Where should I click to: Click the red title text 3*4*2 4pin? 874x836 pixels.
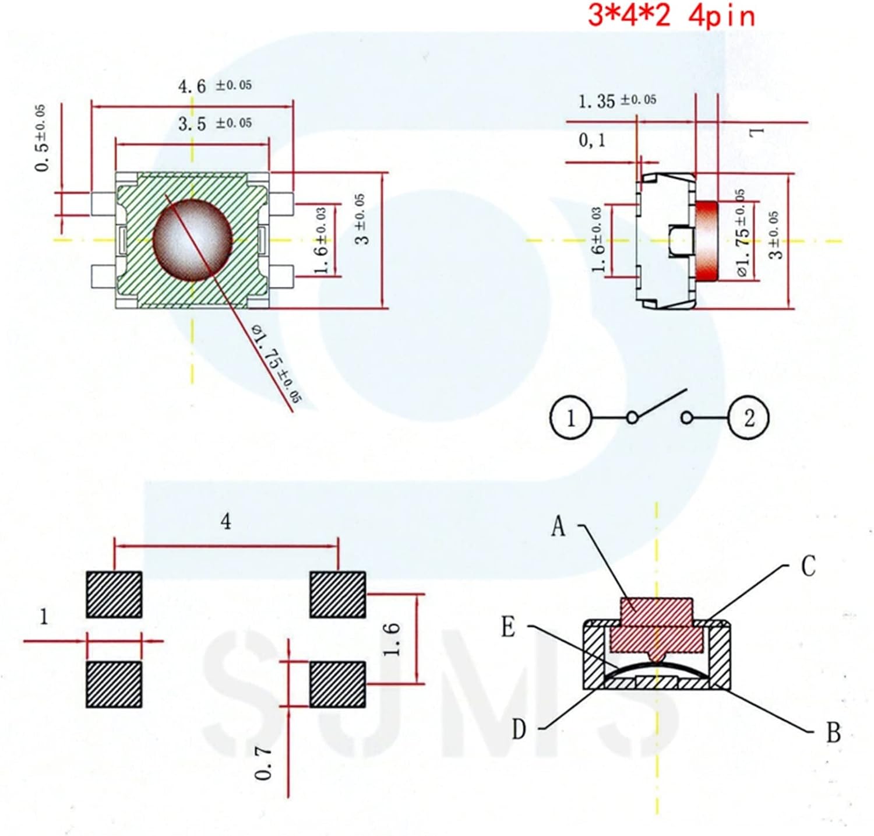coord(671,15)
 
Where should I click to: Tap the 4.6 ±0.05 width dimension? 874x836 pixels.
coord(214,86)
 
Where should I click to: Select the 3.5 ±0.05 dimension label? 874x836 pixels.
coord(214,124)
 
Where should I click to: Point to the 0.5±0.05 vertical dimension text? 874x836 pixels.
coord(41,139)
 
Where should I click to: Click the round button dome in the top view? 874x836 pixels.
coord(192,240)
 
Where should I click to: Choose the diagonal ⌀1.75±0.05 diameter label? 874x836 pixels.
coord(277,364)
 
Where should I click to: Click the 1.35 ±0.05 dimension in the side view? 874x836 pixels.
coord(616,101)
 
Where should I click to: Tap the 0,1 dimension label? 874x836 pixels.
coord(591,140)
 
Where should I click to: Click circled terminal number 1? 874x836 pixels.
coord(570,418)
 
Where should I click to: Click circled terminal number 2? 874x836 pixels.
coord(749,418)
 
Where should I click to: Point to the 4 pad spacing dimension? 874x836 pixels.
coord(226,521)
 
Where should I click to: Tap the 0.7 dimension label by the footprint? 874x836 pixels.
coord(264,764)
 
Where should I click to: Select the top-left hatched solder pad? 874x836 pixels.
coord(114,595)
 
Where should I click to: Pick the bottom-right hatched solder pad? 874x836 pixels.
coord(337,684)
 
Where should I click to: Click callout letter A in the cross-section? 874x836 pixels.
coord(558,527)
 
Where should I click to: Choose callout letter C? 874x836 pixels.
coord(808,566)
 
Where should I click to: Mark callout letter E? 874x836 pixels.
coord(508,628)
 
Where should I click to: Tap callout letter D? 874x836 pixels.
coord(519,729)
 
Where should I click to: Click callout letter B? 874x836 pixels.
coord(833,733)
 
